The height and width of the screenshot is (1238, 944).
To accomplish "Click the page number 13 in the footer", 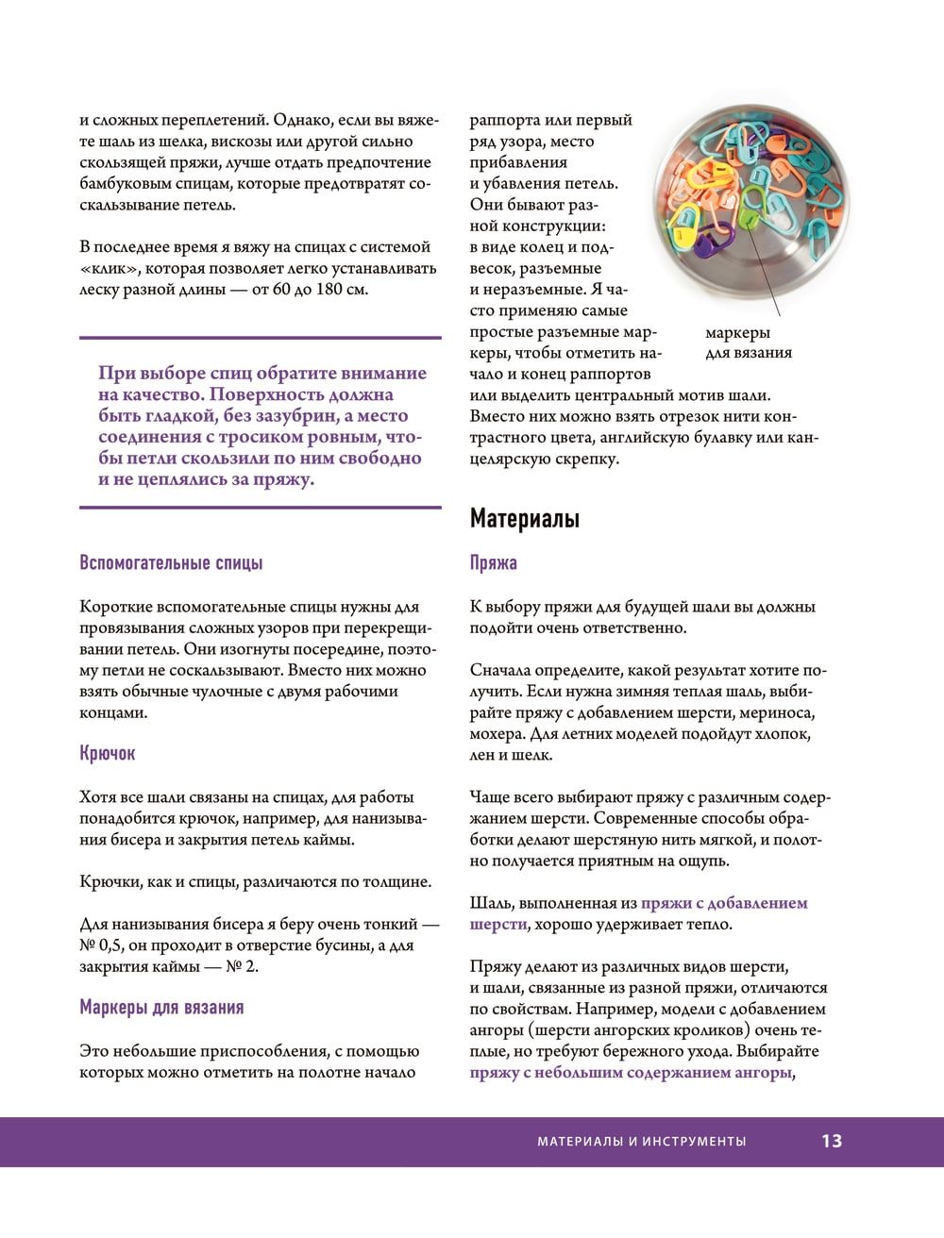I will [x=831, y=1141].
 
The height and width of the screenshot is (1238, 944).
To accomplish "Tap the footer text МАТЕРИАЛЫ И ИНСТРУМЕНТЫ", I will [x=641, y=1142].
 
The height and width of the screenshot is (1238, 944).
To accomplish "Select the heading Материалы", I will [x=525, y=518].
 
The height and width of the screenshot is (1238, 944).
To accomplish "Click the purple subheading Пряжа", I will [x=494, y=563].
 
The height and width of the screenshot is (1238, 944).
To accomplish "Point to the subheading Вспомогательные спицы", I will [x=171, y=563].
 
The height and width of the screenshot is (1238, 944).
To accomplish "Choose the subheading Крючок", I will [x=108, y=754].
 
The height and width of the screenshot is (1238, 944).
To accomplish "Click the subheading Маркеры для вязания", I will [x=161, y=1008].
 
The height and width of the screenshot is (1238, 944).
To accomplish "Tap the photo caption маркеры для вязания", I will [x=749, y=343].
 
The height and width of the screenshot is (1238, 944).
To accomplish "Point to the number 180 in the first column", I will [x=330, y=289].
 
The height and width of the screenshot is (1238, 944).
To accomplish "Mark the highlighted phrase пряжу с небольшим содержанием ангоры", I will [x=630, y=1072].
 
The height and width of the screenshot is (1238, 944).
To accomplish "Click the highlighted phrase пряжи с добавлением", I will [x=724, y=903].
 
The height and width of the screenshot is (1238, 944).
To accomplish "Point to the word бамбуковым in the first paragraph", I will [x=123, y=184].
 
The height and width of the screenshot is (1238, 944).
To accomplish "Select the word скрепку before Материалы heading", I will [x=583, y=460].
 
